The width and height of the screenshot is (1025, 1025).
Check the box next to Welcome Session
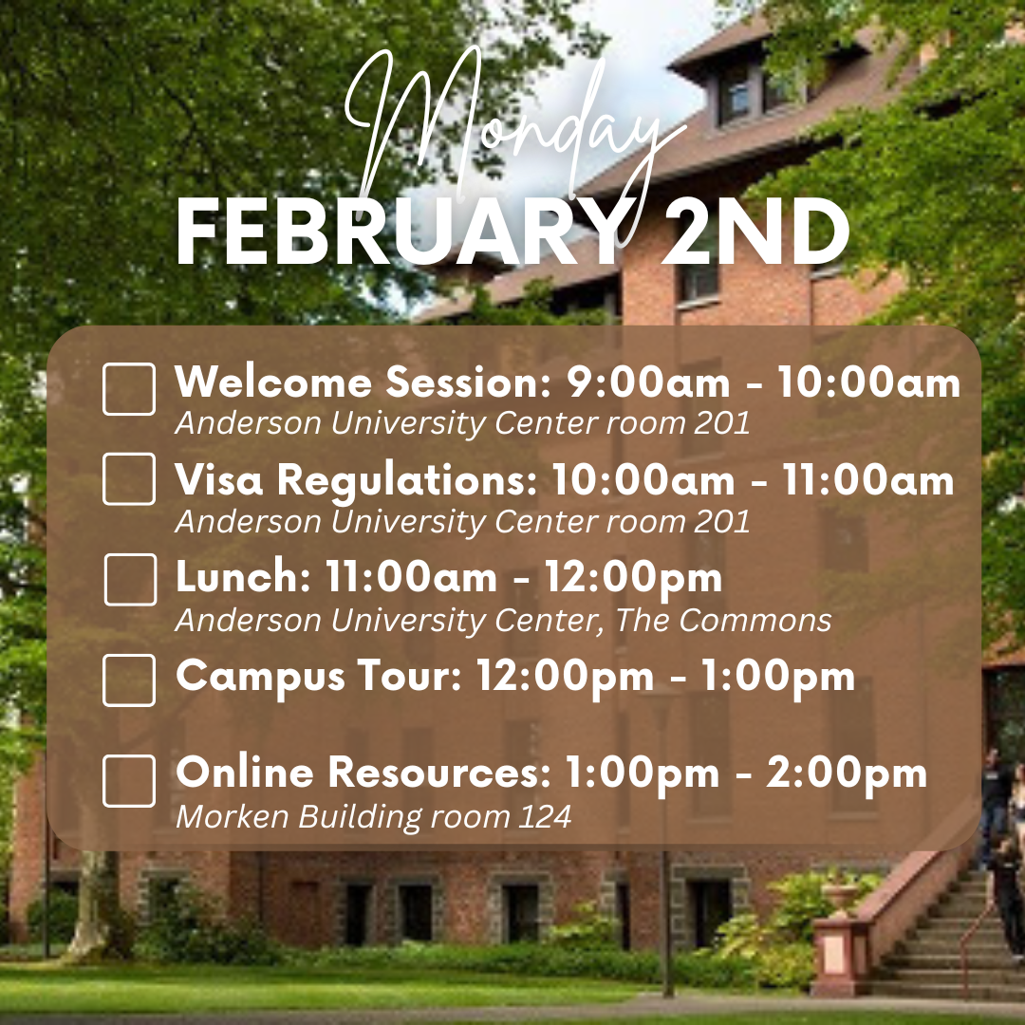point(129,389)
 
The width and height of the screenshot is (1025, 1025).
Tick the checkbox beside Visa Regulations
point(129,479)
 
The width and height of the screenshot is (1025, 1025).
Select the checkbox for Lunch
point(130,580)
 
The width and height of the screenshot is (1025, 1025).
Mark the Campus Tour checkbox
point(129,680)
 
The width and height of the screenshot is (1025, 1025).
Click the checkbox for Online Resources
point(129,781)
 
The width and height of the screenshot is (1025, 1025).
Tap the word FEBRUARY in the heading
point(398,233)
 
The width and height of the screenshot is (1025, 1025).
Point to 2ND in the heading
point(756,233)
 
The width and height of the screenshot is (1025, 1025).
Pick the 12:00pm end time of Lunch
point(633,579)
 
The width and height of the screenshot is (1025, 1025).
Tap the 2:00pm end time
point(847,774)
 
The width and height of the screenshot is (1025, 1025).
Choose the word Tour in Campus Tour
point(409,676)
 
